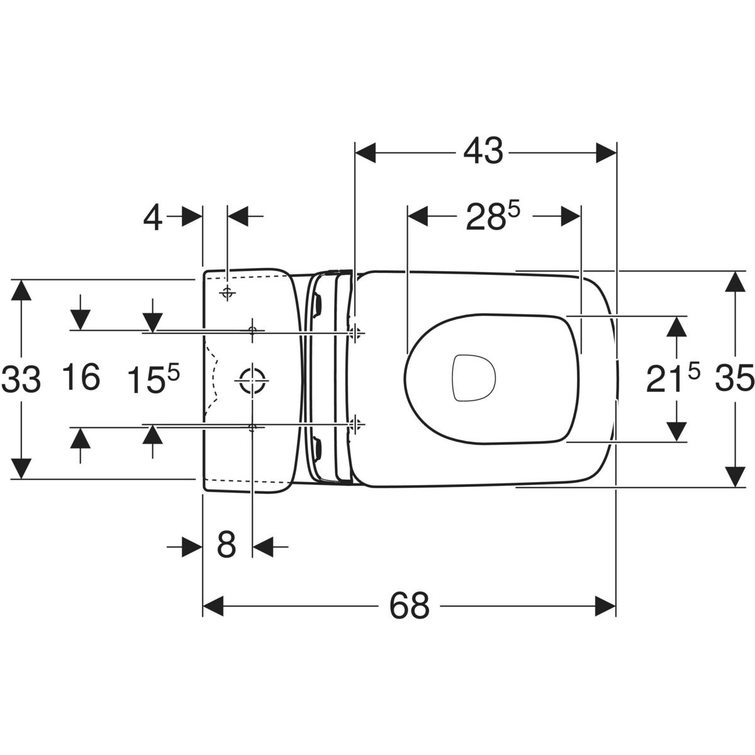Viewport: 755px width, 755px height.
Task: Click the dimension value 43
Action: [x=483, y=152]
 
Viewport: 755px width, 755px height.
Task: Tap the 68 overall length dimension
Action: [x=409, y=606]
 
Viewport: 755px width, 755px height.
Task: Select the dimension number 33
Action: [x=21, y=379]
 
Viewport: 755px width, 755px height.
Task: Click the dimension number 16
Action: [x=82, y=377]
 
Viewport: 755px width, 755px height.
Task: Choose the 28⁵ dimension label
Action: [x=493, y=216]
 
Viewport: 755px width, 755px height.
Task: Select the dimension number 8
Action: [x=226, y=545]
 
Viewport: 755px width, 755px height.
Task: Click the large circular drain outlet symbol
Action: [x=252, y=380]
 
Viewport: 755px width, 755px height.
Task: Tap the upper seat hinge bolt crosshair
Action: [x=355, y=333]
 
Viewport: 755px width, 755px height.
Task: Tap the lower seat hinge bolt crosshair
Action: [x=355, y=424]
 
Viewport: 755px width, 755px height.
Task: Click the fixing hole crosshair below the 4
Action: [x=227, y=293]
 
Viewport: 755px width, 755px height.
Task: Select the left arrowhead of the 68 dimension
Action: [x=213, y=606]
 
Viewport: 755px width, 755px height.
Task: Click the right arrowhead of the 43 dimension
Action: [x=606, y=152]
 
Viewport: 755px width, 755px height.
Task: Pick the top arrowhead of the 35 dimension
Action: [x=735, y=282]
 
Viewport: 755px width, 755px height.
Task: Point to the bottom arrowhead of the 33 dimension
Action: [x=21, y=468]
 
